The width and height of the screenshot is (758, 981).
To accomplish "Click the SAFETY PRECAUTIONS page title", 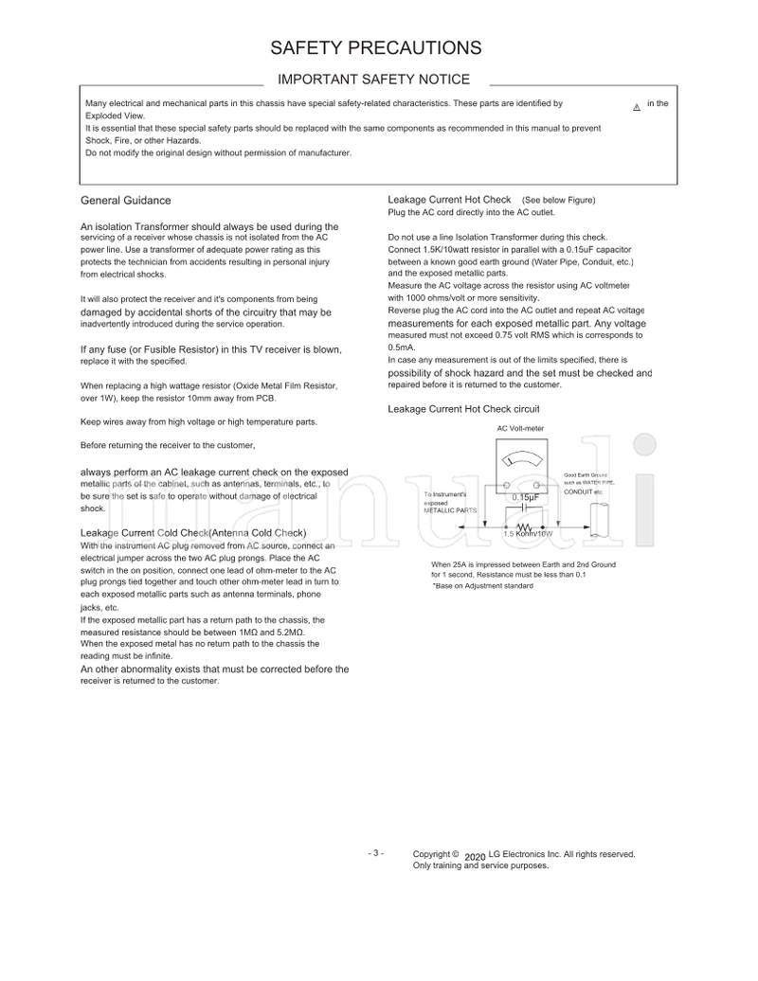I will pos(375,47).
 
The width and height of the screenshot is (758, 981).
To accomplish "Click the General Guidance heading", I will pos(126,200).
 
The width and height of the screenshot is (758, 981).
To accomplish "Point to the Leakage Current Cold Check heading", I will pos(193,534).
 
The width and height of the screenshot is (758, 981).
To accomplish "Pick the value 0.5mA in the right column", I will pos(403,348).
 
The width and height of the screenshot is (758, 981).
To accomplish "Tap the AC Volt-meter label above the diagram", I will pos(520,429).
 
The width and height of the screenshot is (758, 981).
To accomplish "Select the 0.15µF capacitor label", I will pos(526,498).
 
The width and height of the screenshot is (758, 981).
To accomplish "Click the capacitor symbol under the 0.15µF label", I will pos(525,508).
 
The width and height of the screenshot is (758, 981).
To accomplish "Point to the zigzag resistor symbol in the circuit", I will pos(525,526).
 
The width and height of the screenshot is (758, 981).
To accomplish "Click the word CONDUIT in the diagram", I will pos(578,491).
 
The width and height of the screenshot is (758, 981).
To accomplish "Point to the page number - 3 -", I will pos(375,853).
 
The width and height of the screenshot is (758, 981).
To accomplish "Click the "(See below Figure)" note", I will pos(558,200).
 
